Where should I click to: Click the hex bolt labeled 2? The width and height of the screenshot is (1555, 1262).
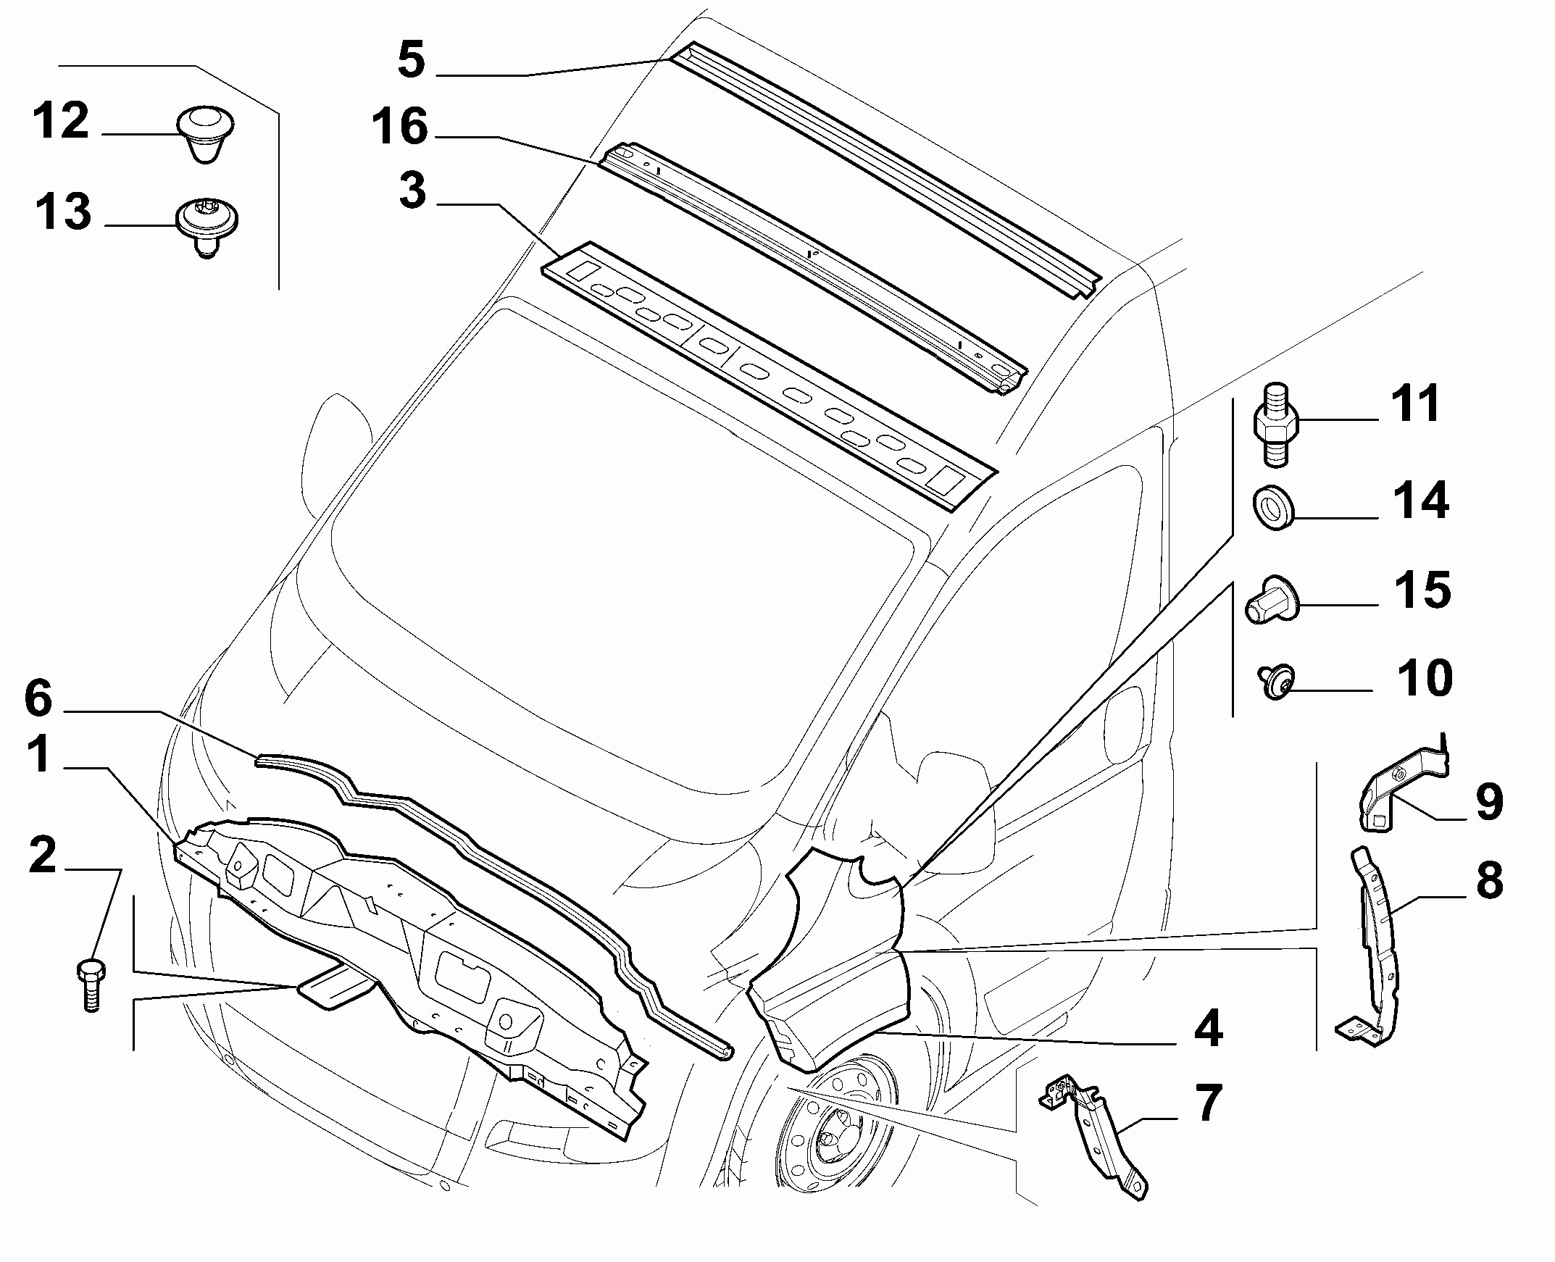click(91, 985)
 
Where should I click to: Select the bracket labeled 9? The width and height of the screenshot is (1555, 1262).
click(1399, 789)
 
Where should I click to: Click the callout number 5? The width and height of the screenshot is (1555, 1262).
click(412, 59)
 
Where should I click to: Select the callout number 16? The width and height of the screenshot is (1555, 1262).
click(400, 127)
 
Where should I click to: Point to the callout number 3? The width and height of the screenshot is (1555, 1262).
click(412, 191)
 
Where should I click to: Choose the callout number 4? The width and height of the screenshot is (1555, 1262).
click(1207, 1029)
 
